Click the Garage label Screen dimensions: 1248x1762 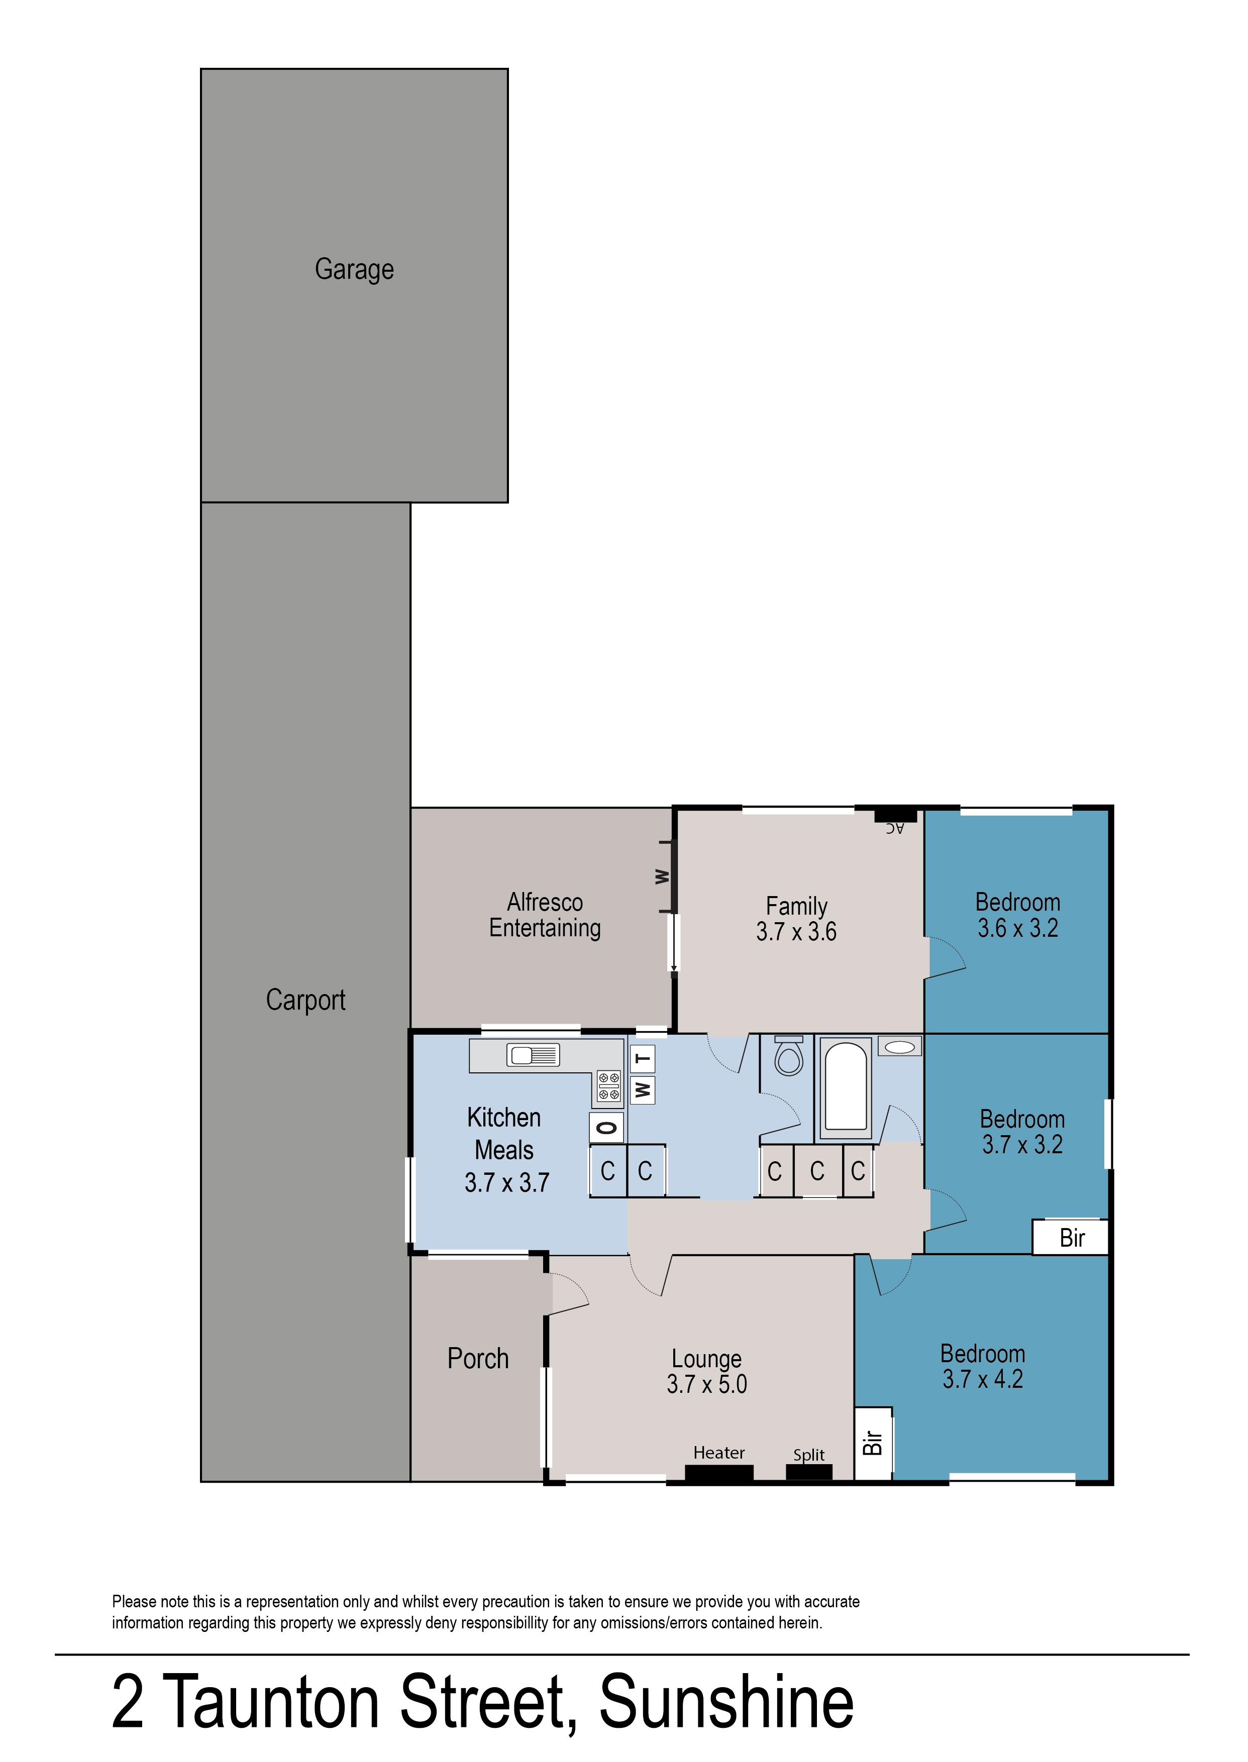354,270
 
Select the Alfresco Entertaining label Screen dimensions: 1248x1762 545,915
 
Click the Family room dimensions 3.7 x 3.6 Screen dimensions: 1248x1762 796,932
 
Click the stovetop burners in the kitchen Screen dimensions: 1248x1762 608,1085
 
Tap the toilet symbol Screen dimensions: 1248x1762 788,1055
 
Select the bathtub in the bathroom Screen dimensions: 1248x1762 846,1087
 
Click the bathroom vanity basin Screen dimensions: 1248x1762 900,1046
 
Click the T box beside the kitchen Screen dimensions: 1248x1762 643,1059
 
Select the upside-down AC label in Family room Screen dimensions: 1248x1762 894,828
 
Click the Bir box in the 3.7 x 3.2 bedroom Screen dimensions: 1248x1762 1071,1238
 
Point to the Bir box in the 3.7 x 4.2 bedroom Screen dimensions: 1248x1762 873,1443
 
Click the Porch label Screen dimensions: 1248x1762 478,1359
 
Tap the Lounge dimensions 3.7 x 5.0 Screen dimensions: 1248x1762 706,1384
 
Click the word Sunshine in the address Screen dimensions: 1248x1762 726,1702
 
